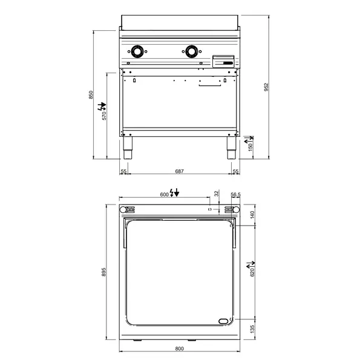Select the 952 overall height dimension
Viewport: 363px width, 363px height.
coord(266,88)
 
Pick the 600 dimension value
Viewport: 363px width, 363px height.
coord(164,194)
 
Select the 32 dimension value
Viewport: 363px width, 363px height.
coord(217,194)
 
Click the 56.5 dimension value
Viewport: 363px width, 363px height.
coord(236,194)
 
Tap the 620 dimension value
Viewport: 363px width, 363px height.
coord(253,272)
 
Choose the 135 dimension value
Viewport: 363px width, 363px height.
coord(253,329)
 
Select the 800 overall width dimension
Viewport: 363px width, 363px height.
coord(180,348)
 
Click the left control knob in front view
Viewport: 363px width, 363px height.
coord(139,52)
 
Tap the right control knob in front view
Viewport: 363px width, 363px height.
coord(193,52)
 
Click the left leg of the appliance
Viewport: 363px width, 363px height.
coord(128,146)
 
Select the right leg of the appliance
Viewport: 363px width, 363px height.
coord(232,146)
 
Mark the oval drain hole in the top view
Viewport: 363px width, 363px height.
coord(223,321)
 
